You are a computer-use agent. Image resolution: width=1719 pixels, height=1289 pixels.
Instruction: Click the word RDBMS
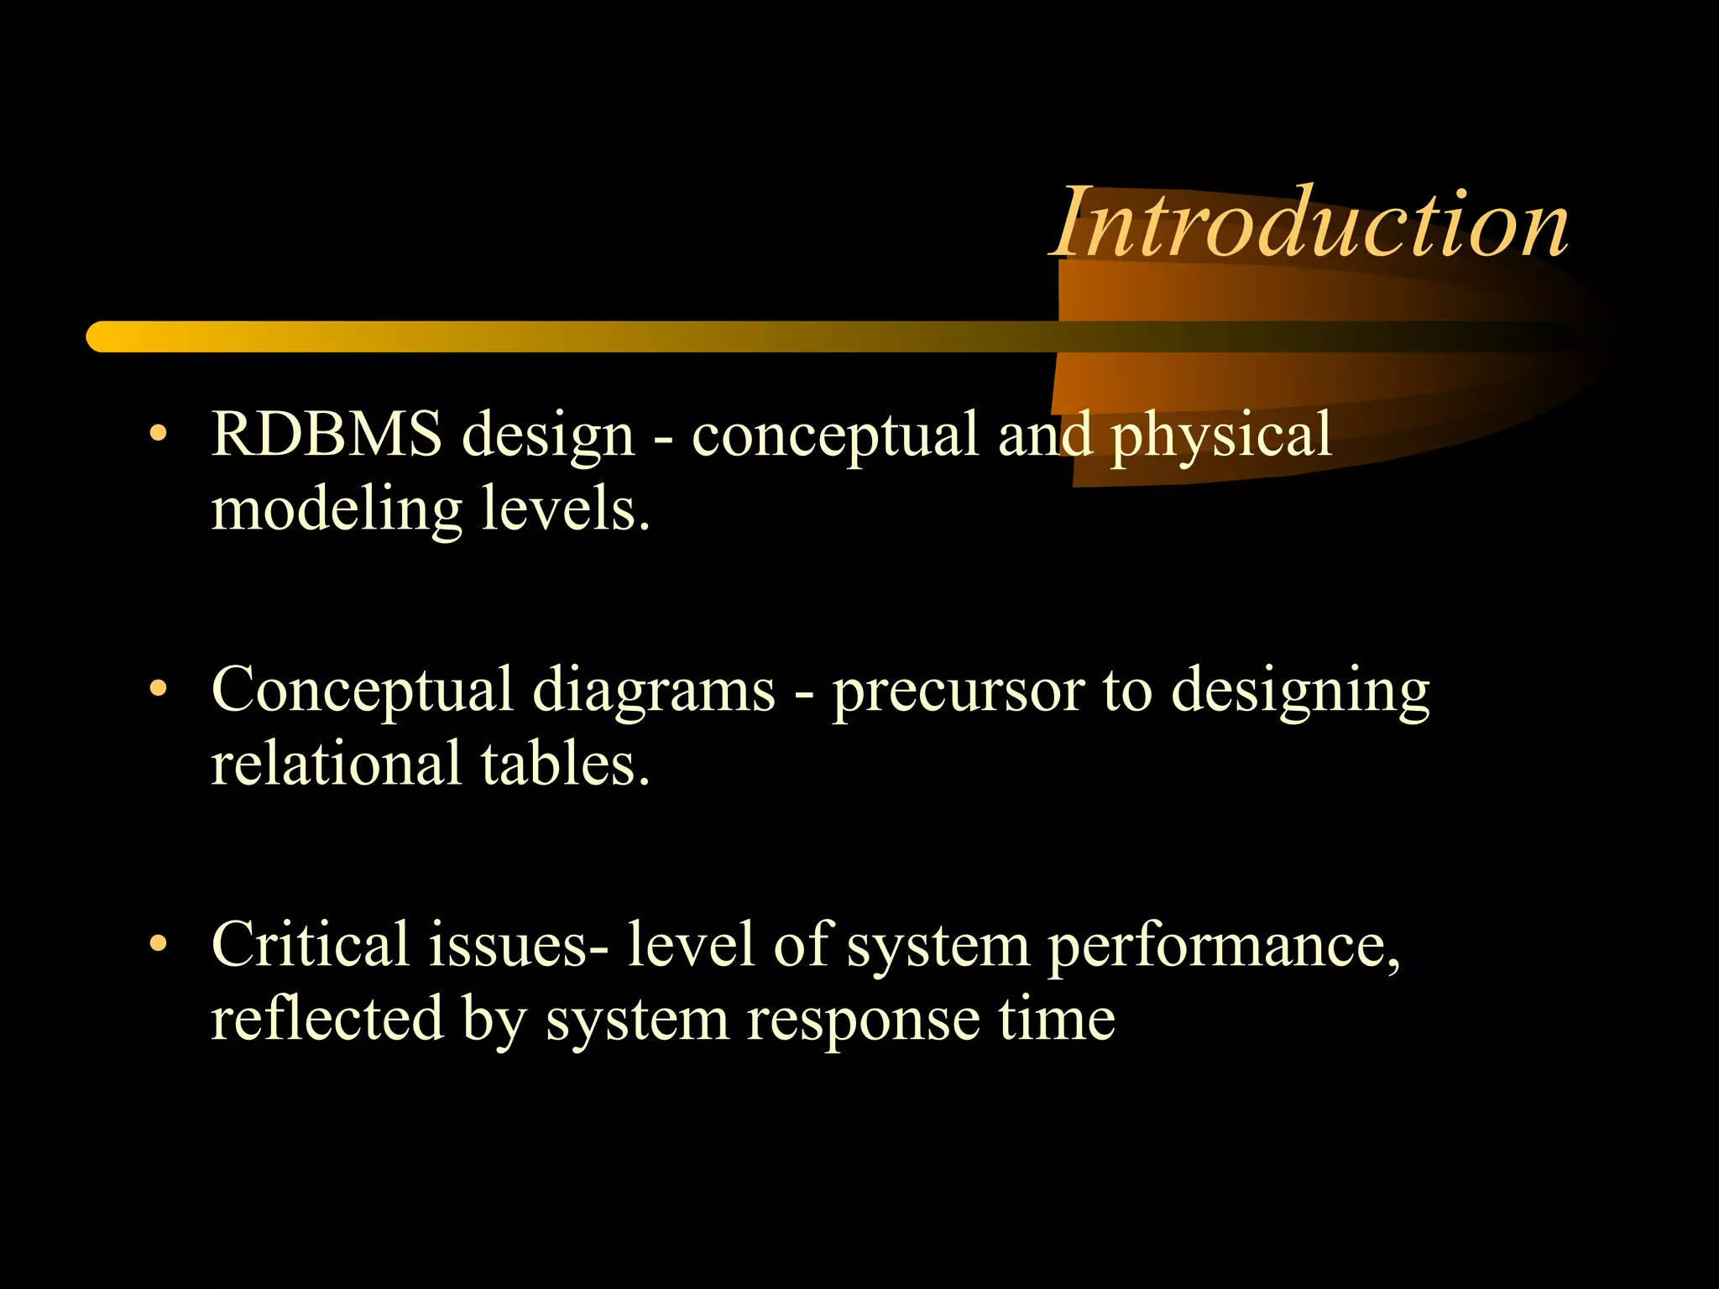[326, 435]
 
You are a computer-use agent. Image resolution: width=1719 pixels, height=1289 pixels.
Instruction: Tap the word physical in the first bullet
[1221, 436]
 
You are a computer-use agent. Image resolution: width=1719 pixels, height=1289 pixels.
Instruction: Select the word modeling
[336, 510]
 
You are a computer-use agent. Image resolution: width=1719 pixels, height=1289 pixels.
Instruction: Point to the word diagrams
[654, 690]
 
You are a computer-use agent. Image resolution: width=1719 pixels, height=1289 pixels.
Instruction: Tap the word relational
[336, 764]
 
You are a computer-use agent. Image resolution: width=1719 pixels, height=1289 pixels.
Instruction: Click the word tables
[565, 764]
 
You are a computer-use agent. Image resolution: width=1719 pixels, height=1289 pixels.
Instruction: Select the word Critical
[310, 945]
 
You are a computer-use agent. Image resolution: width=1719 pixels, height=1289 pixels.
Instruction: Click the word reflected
[327, 1019]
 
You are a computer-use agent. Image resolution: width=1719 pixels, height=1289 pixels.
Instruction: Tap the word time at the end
[1057, 1019]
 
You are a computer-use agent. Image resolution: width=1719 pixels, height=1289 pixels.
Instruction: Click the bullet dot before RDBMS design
[157, 434]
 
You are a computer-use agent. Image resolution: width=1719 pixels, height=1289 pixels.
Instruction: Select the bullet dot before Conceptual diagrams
[157, 689]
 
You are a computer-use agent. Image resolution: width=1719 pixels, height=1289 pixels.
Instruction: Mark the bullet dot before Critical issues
[157, 944]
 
